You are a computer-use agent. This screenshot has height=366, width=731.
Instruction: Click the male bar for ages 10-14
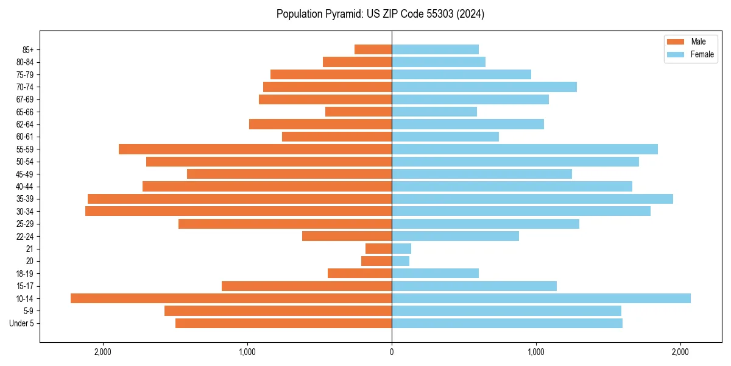[x=231, y=298]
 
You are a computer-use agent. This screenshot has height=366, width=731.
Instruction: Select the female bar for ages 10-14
[x=541, y=298]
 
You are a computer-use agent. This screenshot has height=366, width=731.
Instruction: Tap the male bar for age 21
[x=378, y=248]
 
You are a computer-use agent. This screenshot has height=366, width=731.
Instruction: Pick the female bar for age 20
[x=400, y=261]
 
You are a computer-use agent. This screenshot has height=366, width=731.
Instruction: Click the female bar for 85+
[x=435, y=49]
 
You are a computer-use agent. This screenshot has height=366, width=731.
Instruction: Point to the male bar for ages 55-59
[x=255, y=149]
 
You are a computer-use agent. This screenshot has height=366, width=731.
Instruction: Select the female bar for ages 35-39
[x=532, y=199]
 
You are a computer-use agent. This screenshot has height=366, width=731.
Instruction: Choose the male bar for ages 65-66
[x=358, y=112]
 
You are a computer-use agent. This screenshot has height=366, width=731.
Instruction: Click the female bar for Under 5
[x=507, y=323]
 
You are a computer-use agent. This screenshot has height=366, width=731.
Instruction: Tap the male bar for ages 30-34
[x=238, y=211]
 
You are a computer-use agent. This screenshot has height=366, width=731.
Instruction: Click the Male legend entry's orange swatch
[x=676, y=41]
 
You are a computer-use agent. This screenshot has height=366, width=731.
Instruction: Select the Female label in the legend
[x=702, y=54]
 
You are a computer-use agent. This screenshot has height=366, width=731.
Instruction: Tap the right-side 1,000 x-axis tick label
[x=536, y=352]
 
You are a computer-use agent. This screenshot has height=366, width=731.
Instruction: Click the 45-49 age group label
[x=24, y=174]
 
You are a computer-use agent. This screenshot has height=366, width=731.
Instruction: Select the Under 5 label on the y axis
[x=22, y=323]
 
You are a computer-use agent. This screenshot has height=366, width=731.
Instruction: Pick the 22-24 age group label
[x=24, y=236]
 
